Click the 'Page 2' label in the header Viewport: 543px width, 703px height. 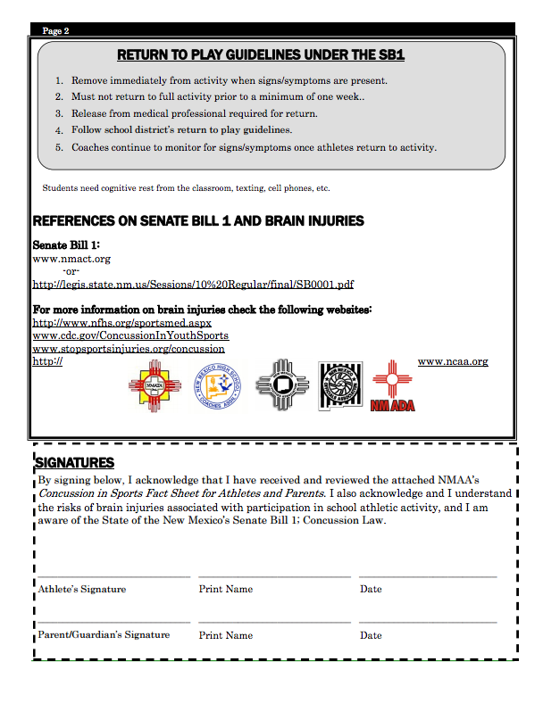(x=55, y=31)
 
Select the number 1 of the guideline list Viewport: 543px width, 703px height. (x=59, y=80)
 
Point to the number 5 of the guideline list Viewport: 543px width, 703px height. (x=59, y=147)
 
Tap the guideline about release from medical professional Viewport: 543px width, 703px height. (x=195, y=113)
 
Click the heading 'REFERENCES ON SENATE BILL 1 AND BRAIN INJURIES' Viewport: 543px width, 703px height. (x=197, y=220)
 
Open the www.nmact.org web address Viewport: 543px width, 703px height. (x=71, y=259)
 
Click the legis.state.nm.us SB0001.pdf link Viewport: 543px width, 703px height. (x=193, y=284)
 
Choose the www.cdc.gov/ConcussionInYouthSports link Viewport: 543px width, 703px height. (x=130, y=335)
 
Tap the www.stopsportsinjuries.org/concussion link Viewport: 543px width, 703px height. (x=129, y=349)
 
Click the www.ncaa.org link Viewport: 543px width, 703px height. (x=453, y=361)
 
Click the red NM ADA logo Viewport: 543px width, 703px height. (x=392, y=386)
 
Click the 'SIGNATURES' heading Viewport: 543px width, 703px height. (x=74, y=462)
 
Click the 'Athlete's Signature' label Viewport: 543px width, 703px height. (x=81, y=589)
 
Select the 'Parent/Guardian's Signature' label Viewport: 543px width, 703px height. (x=104, y=635)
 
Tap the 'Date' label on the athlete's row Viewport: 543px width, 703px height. (x=371, y=589)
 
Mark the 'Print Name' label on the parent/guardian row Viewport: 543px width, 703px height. (x=226, y=635)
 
